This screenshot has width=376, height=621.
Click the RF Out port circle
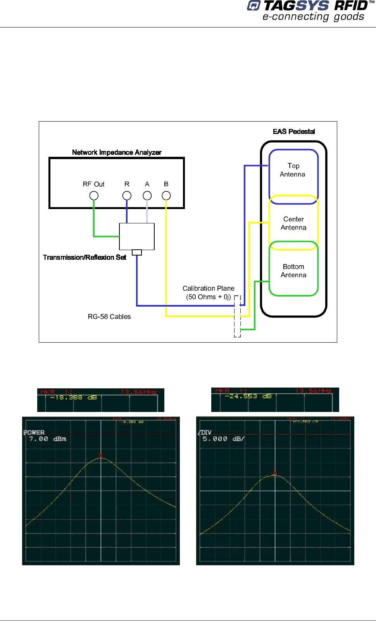pyautogui.click(x=94, y=196)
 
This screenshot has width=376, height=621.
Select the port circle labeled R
pyautogui.click(x=127, y=196)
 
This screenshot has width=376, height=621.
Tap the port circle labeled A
pyautogui.click(x=147, y=196)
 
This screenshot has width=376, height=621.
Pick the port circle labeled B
pyautogui.click(x=166, y=196)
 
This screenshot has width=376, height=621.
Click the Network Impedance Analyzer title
pyautogui.click(x=117, y=153)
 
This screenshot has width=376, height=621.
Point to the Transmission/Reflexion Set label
pyautogui.click(x=85, y=257)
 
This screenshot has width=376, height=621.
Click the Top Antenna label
pyautogui.click(x=293, y=170)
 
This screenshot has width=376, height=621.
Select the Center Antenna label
pyautogui.click(x=293, y=223)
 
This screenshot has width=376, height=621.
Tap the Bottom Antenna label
pyautogui.click(x=293, y=271)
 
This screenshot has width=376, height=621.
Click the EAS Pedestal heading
pyautogui.click(x=294, y=132)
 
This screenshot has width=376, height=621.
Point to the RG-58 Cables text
pyautogui.click(x=109, y=317)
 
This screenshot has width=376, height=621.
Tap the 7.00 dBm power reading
pyautogui.click(x=48, y=439)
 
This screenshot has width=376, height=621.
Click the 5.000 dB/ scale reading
pyautogui.click(x=223, y=439)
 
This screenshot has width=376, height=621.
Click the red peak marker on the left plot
pyautogui.click(x=101, y=455)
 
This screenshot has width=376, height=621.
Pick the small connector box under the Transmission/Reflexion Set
pyautogui.click(x=137, y=252)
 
